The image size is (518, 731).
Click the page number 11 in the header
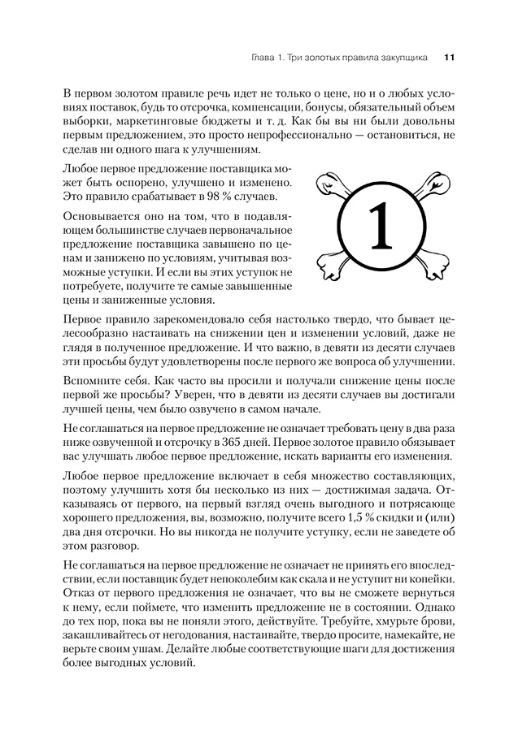pyautogui.click(x=450, y=57)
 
